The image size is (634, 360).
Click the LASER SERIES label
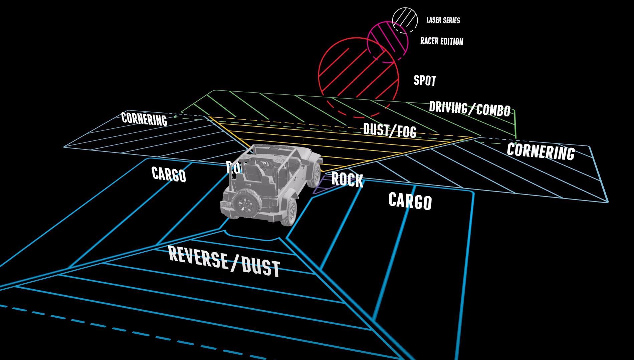point(443,20)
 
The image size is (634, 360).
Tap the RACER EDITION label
point(441,41)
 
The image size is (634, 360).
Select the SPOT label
point(425,80)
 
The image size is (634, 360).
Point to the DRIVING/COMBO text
point(469,108)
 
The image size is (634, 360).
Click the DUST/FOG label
point(390,130)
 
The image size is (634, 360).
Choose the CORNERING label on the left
point(144,118)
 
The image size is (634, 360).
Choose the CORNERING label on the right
point(541,151)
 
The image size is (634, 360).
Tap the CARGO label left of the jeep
point(169,174)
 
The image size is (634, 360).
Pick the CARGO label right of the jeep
point(410,201)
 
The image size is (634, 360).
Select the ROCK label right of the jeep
point(347,179)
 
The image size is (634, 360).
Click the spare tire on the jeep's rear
point(247,201)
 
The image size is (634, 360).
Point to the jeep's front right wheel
point(314,175)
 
